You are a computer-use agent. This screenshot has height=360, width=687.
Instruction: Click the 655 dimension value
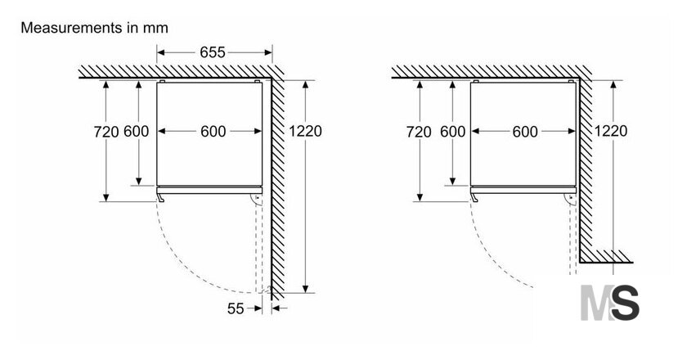coord(213,52)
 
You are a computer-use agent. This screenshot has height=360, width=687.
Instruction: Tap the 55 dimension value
coord(236,308)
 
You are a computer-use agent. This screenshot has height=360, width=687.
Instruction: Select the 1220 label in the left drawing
coord(305,131)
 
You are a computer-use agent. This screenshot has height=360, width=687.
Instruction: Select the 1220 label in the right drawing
coord(611,131)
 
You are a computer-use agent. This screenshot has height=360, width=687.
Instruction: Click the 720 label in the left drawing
coord(106,132)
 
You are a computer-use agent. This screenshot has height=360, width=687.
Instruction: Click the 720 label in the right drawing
coord(419,132)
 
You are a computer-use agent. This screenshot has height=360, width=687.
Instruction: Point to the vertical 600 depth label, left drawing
coord(137,131)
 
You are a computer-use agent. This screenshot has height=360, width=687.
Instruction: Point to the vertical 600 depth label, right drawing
coord(452,131)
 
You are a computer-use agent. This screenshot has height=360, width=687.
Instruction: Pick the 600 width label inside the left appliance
coord(213,131)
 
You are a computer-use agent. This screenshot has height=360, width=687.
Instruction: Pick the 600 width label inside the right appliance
coord(525,131)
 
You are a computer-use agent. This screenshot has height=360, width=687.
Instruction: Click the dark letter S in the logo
coord(625,303)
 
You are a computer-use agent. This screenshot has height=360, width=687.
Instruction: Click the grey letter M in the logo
coord(597,303)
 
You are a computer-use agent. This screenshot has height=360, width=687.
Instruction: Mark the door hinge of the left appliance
coord(257,200)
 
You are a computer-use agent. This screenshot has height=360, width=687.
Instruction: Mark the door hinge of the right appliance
coord(571,200)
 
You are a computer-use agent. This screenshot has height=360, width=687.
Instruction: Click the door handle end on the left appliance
coord(161,199)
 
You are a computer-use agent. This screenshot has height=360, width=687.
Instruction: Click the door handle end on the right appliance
coord(474,199)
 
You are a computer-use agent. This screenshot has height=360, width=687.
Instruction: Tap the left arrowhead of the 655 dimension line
coord(161,52)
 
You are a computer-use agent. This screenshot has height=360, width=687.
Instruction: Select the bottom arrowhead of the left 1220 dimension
coord(305,289)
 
